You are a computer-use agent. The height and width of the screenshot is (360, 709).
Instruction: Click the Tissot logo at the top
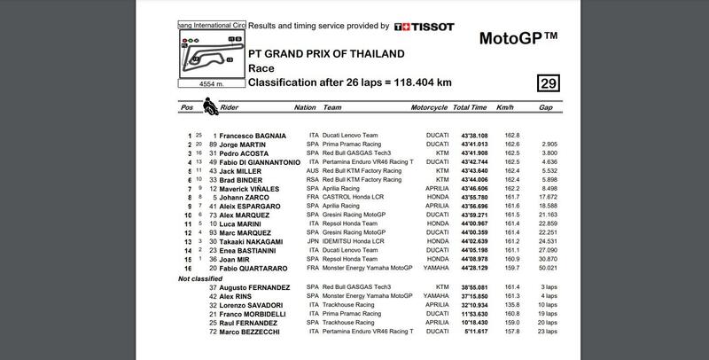[x=420, y=27]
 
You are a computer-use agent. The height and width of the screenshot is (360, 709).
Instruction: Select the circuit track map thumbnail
[x=210, y=54]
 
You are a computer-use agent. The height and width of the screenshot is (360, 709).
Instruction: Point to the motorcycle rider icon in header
[x=210, y=107]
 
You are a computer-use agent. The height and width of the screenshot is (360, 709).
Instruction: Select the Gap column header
[x=547, y=108]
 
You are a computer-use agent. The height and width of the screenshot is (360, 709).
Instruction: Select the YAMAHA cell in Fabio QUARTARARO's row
[x=426, y=266]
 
